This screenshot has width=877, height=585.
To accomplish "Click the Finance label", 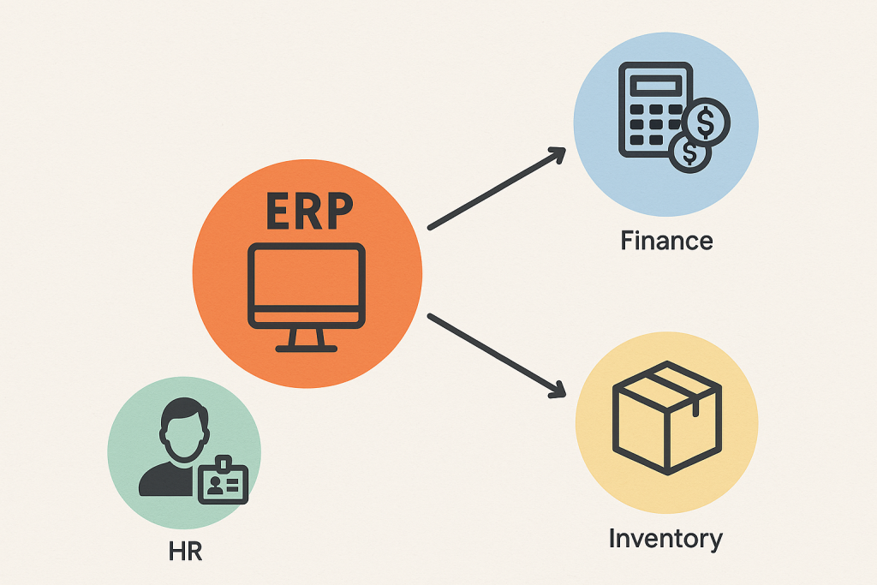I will (x=666, y=241).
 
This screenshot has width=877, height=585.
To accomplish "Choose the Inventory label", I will (x=665, y=539).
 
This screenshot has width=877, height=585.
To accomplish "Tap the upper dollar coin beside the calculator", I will (x=706, y=122).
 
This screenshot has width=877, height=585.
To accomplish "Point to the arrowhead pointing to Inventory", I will (x=557, y=390).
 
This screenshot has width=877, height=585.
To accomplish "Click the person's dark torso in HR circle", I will (x=168, y=480).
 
